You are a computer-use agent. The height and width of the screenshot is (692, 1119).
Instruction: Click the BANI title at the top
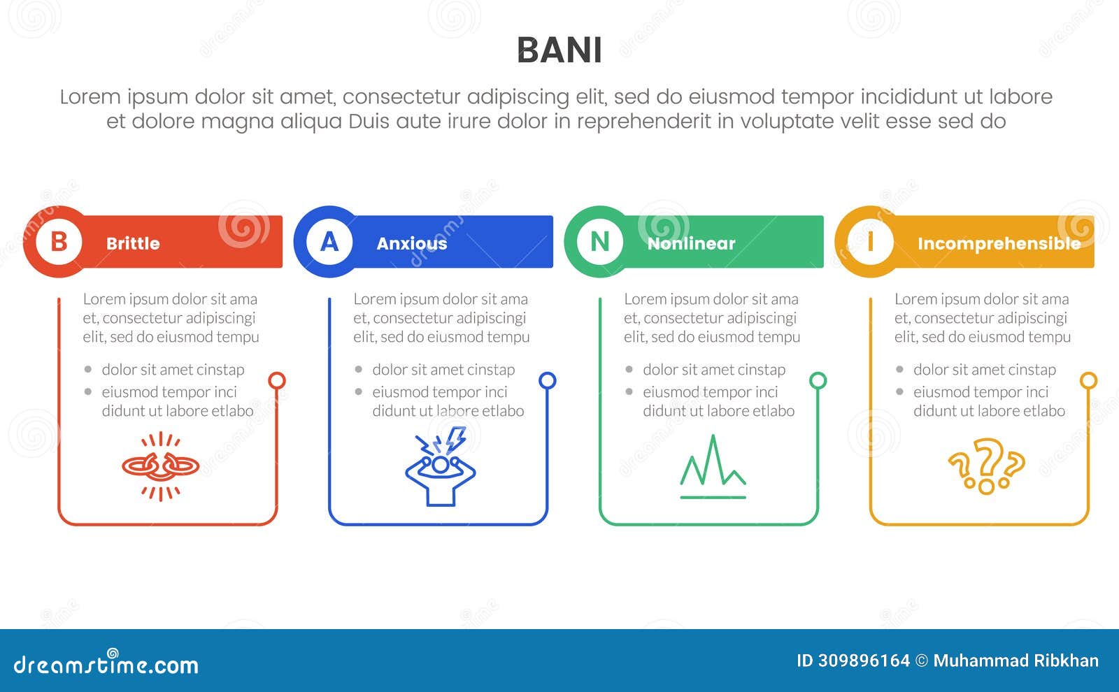(x=559, y=50)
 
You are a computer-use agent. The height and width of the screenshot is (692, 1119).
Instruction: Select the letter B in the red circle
(x=59, y=242)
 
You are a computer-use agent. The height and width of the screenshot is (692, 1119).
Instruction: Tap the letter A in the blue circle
(x=329, y=242)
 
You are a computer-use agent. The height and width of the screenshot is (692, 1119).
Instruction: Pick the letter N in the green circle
(x=600, y=242)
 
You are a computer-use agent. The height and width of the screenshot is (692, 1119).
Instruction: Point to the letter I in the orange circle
(x=870, y=242)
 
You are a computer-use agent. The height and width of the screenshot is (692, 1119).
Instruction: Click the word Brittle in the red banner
(x=133, y=243)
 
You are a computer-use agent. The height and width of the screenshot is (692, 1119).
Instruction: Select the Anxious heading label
(x=411, y=243)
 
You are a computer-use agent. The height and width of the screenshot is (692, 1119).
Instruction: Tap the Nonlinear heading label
(x=691, y=243)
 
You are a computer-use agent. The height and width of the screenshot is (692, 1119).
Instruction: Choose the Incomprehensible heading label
(x=999, y=243)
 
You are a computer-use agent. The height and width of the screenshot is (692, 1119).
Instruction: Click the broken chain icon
(x=161, y=466)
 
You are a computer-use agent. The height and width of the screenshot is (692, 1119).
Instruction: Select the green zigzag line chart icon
(x=713, y=466)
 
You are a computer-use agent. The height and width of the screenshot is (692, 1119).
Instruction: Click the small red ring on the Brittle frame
(x=277, y=381)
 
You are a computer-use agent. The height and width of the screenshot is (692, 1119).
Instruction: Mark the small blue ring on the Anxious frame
(x=548, y=381)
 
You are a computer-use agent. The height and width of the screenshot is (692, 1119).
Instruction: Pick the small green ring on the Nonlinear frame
(x=818, y=381)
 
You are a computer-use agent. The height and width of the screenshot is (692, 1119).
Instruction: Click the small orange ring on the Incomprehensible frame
(x=1088, y=381)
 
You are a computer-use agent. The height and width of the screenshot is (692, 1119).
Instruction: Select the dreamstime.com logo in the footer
(x=106, y=664)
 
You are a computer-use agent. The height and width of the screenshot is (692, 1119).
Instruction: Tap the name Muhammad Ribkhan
(x=1015, y=661)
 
